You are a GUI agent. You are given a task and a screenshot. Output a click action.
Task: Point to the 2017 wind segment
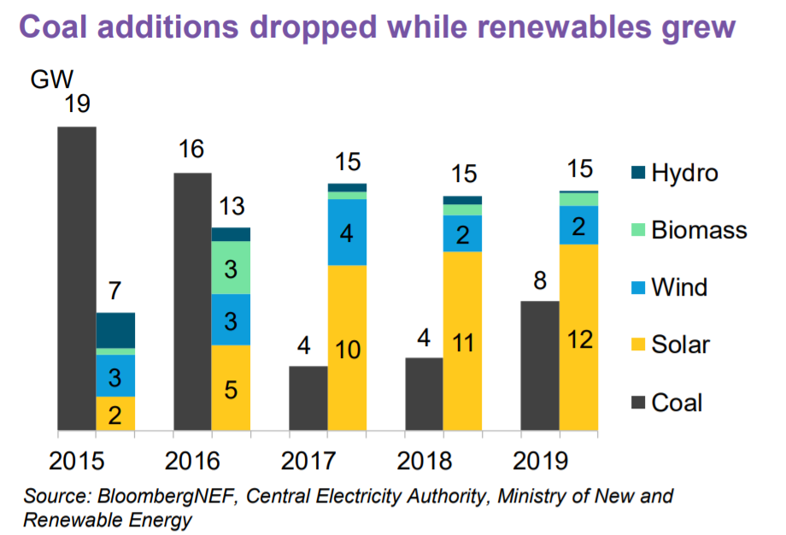point(348,232)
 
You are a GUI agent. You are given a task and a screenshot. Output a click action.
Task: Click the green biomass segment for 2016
point(231,267)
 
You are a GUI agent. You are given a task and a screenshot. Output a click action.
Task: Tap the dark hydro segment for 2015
point(115,330)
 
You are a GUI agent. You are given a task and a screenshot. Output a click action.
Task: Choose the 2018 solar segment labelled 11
point(462,341)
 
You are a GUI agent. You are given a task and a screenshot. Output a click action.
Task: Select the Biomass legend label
point(699,230)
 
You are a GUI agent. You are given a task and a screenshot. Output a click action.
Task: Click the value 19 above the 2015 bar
point(76,105)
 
